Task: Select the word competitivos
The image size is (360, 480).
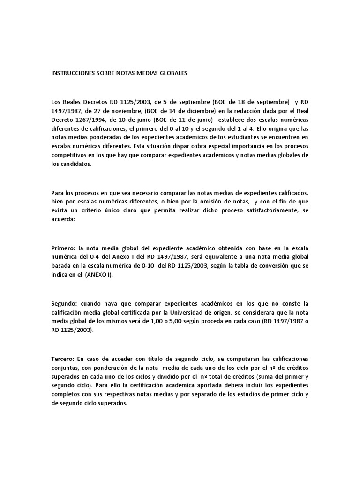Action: pyautogui.click(x=71, y=155)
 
